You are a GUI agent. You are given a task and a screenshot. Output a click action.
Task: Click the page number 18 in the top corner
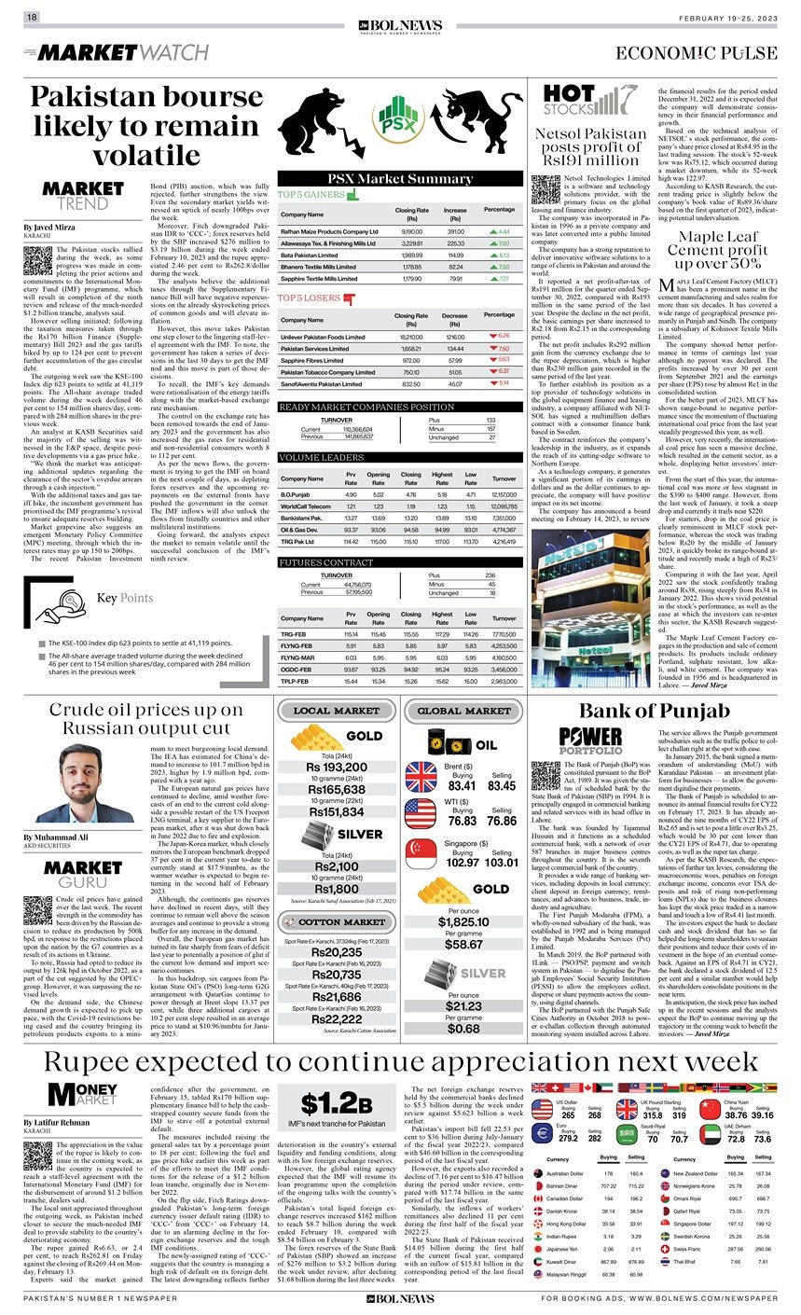pyautogui.click(x=32, y=18)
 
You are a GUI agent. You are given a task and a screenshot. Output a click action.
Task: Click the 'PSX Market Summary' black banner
pyautogui.click(x=400, y=179)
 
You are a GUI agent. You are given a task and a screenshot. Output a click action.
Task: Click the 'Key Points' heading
pyautogui.click(x=124, y=598)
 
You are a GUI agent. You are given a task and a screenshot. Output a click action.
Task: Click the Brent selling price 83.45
pyautogui.click(x=501, y=786)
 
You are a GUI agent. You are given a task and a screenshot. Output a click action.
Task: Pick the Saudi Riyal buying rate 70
pyautogui.click(x=653, y=1137)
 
